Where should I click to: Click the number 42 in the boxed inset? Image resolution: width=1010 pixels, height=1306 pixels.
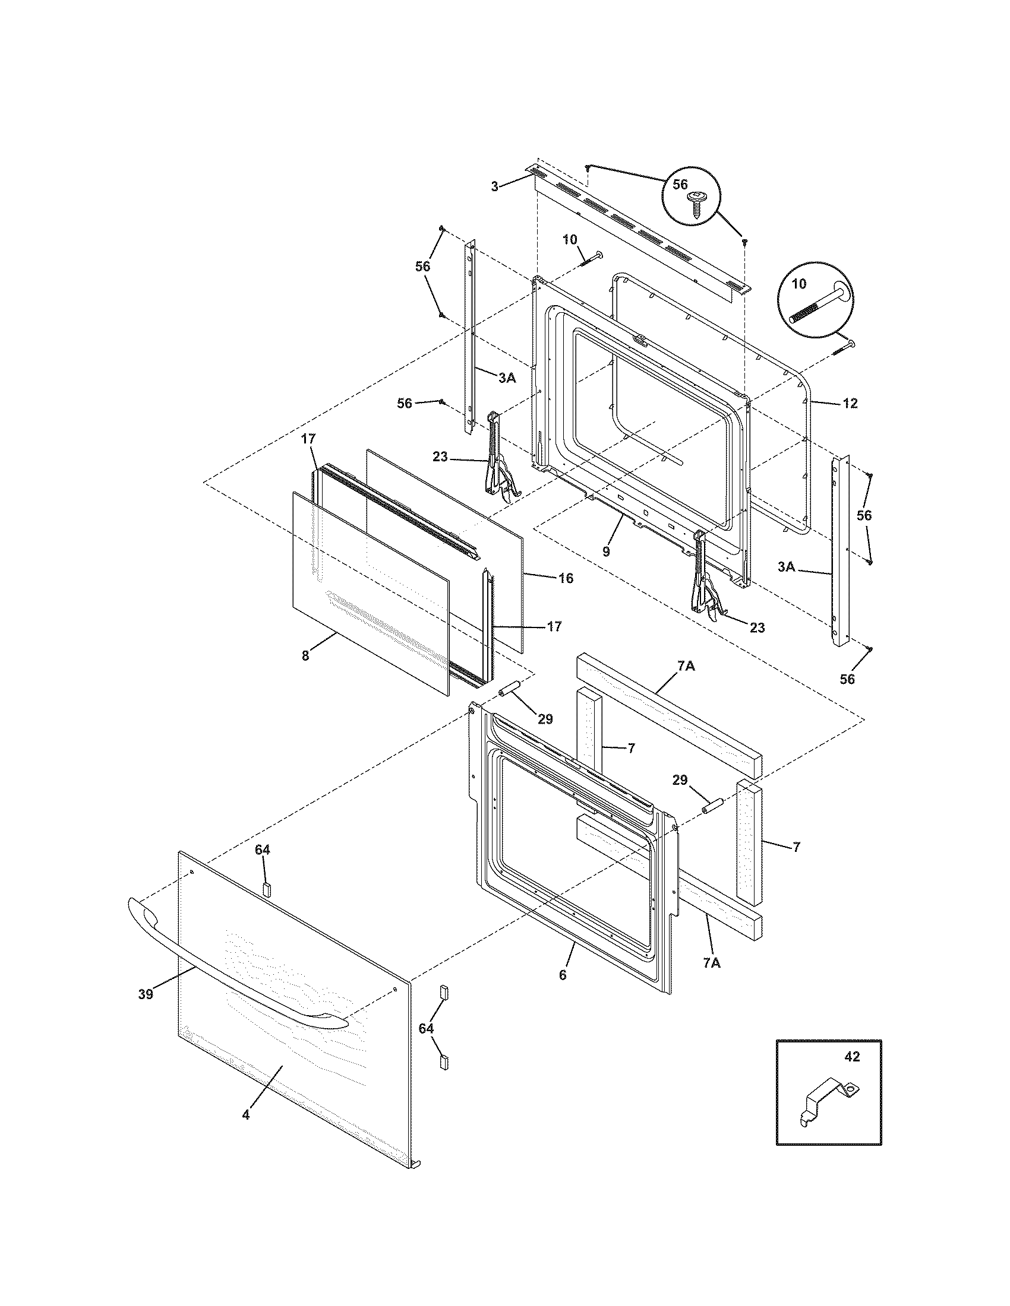coord(852,1073)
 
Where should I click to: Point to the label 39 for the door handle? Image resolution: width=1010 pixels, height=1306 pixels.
coord(146,994)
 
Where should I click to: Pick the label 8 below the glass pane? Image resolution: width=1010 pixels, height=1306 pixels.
coord(305,655)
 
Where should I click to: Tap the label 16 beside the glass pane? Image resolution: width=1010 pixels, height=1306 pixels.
coord(566,578)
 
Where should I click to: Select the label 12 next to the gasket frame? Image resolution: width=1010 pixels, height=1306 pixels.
coord(850,403)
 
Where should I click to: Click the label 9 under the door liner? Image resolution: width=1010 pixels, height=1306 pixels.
coord(606,551)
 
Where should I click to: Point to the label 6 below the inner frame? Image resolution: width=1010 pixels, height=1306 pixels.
coord(563,975)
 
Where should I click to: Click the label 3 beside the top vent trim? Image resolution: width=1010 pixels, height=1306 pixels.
coord(494,186)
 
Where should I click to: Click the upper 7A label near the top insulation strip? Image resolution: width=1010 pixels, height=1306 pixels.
coord(686,665)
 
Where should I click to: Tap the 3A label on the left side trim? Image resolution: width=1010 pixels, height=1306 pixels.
coord(507,378)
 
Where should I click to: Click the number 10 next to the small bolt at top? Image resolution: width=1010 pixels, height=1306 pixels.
coord(570,240)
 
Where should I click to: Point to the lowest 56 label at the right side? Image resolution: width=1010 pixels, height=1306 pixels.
coord(847,679)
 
